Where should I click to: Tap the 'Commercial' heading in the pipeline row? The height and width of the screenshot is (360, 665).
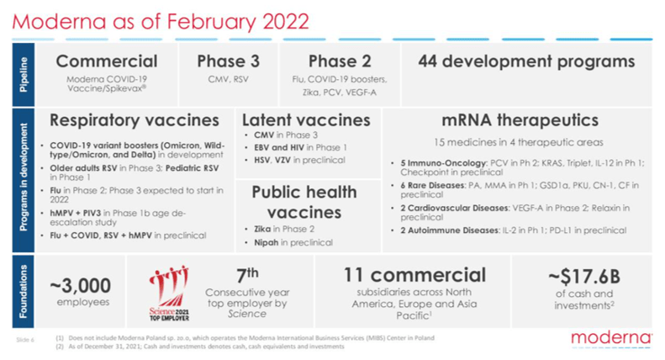click(x=106, y=61)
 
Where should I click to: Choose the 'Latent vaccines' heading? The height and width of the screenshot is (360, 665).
click(x=305, y=120)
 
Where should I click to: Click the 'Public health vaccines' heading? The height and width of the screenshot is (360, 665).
click(x=305, y=202)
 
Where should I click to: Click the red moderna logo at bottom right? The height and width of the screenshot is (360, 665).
click(x=611, y=338)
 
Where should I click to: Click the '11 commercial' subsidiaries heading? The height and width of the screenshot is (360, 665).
click(x=414, y=275)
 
